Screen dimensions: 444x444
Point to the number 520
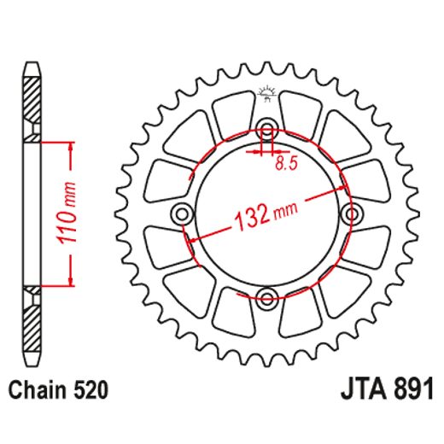click(90, 391)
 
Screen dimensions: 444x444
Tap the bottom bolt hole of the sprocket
click(268, 297)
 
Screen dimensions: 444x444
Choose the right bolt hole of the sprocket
click(351, 214)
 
